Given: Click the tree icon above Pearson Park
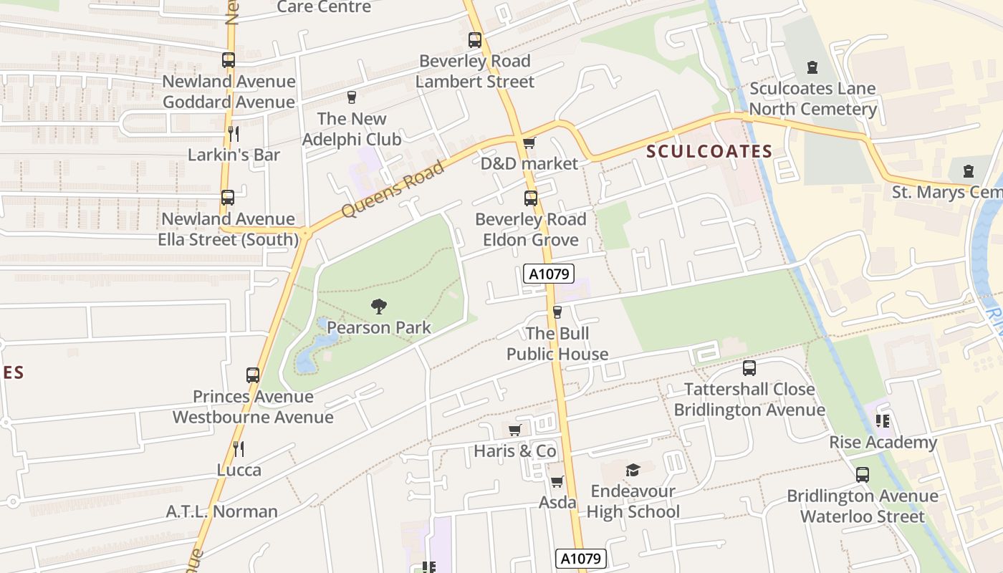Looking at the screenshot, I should point(379,307).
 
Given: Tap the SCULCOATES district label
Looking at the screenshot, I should point(709,151).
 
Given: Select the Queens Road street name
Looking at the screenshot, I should point(392,189).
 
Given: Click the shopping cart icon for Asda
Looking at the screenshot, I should point(557,481).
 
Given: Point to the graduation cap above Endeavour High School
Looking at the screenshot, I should point(633,470).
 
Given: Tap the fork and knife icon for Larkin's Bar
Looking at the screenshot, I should point(234,133).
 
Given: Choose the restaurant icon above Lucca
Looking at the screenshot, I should point(239,449).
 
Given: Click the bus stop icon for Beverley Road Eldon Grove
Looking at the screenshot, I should point(531,198).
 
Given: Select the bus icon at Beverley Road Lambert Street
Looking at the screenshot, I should point(475,40).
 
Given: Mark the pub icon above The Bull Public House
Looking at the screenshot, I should point(557,312).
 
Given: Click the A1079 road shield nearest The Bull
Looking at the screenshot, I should point(549,273).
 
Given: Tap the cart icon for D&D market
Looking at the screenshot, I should point(529,143).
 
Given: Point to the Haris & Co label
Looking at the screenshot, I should point(514,451).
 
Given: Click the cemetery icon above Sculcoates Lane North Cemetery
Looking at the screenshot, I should point(812,67).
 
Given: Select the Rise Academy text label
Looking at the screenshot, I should point(883,442).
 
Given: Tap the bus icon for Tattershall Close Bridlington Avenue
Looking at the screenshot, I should point(749,368).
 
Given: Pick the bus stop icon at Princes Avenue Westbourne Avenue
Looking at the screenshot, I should point(253,375).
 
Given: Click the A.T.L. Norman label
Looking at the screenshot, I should point(221,511).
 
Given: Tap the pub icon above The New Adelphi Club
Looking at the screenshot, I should point(352,97).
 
